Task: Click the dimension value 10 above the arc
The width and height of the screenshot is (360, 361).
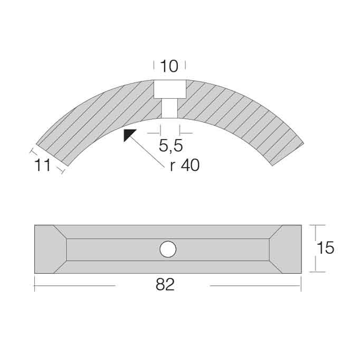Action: (169, 66)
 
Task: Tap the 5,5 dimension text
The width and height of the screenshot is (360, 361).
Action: (170, 144)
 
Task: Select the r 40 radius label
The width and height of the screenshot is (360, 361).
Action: (185, 165)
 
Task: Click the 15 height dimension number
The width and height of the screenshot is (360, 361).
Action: (326, 248)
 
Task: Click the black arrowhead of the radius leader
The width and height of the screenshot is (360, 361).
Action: (129, 135)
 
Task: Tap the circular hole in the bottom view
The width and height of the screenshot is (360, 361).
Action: (168, 248)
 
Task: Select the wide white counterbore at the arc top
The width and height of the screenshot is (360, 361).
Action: (169, 89)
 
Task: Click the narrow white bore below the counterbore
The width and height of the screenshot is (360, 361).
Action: (169, 108)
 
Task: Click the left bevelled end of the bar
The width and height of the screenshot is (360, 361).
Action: (50, 248)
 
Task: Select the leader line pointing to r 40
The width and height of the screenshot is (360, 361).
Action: (150, 153)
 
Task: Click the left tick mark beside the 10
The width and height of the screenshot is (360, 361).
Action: (154, 66)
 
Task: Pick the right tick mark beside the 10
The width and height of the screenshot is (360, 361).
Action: (185, 66)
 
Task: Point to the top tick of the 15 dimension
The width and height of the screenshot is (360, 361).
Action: (315, 225)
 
